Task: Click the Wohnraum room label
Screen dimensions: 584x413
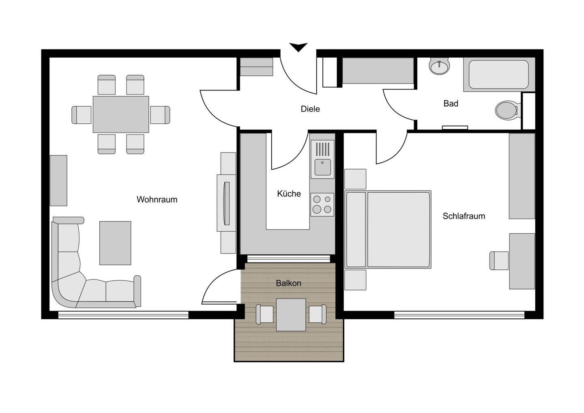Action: (x=157, y=200)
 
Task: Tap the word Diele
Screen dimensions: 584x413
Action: (x=310, y=109)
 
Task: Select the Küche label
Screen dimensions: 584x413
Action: (x=289, y=194)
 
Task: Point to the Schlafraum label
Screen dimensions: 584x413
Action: (x=464, y=216)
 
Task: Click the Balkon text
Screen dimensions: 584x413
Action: (x=289, y=283)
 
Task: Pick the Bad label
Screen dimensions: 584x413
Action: (x=451, y=103)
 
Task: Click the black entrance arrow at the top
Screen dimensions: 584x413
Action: (x=298, y=47)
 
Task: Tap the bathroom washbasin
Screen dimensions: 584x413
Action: (x=439, y=66)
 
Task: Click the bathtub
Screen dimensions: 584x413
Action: (x=499, y=75)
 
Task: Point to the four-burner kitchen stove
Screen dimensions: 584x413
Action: (x=322, y=205)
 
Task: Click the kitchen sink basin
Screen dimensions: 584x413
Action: (x=322, y=167)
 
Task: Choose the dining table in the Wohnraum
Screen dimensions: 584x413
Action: (x=121, y=114)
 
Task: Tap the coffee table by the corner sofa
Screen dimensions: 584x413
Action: (x=115, y=243)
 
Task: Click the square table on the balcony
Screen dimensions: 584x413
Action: (x=291, y=315)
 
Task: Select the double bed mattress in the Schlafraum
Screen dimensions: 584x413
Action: (x=398, y=230)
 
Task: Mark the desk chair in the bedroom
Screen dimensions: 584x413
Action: (x=499, y=260)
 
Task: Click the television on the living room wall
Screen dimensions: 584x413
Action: (x=227, y=203)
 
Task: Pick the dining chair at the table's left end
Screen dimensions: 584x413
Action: (x=82, y=115)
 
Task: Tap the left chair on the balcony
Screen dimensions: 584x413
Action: (x=265, y=314)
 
